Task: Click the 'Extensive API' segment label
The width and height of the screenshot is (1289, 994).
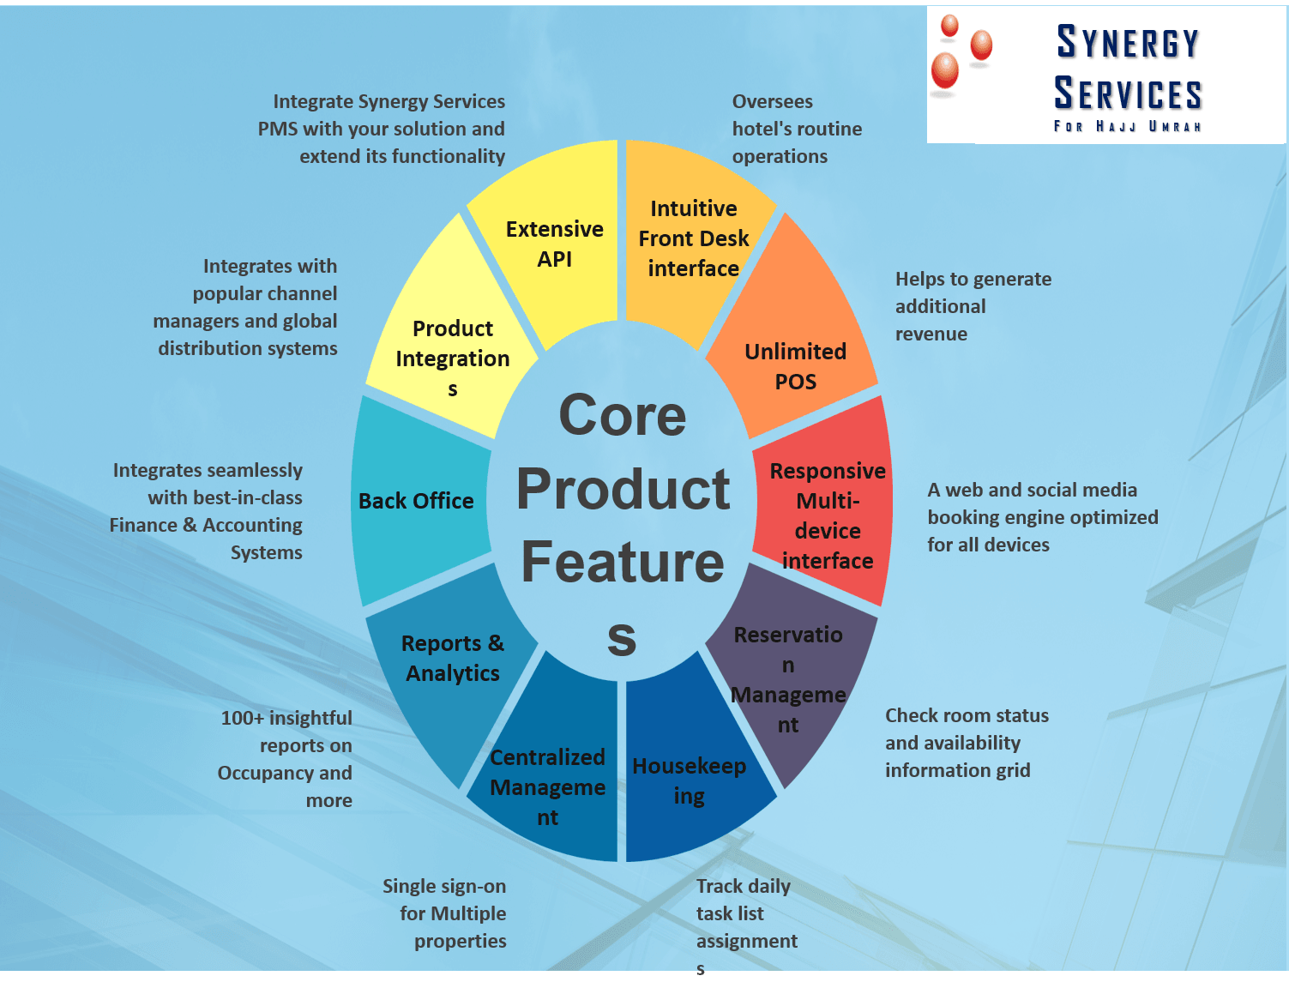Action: (554, 244)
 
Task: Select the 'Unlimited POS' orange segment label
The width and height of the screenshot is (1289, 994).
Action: (795, 366)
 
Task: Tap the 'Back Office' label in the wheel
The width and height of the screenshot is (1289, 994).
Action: (416, 501)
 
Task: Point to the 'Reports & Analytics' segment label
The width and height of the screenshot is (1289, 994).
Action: (453, 659)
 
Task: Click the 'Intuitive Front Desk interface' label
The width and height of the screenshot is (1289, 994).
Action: (694, 238)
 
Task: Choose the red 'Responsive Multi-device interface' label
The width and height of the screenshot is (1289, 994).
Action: (828, 515)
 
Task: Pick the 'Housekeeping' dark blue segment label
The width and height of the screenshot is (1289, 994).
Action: (689, 781)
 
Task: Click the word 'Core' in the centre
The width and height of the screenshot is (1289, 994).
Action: (623, 414)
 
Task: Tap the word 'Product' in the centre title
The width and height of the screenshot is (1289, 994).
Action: (623, 489)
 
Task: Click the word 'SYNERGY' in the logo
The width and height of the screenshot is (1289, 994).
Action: (1128, 42)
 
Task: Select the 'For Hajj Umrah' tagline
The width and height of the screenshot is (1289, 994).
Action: (1127, 126)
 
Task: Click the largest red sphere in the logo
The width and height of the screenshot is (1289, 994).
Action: (944, 70)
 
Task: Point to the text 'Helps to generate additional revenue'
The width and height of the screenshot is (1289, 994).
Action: (973, 306)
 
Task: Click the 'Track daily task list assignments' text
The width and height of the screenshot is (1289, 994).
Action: (746, 927)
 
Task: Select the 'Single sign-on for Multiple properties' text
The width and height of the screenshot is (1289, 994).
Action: (444, 913)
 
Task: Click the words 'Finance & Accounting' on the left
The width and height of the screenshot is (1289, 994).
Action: (206, 525)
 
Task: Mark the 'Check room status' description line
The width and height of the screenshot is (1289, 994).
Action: (967, 715)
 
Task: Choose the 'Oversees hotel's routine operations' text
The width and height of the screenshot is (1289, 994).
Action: (797, 129)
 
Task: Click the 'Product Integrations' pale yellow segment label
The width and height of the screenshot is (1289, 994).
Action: (453, 358)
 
